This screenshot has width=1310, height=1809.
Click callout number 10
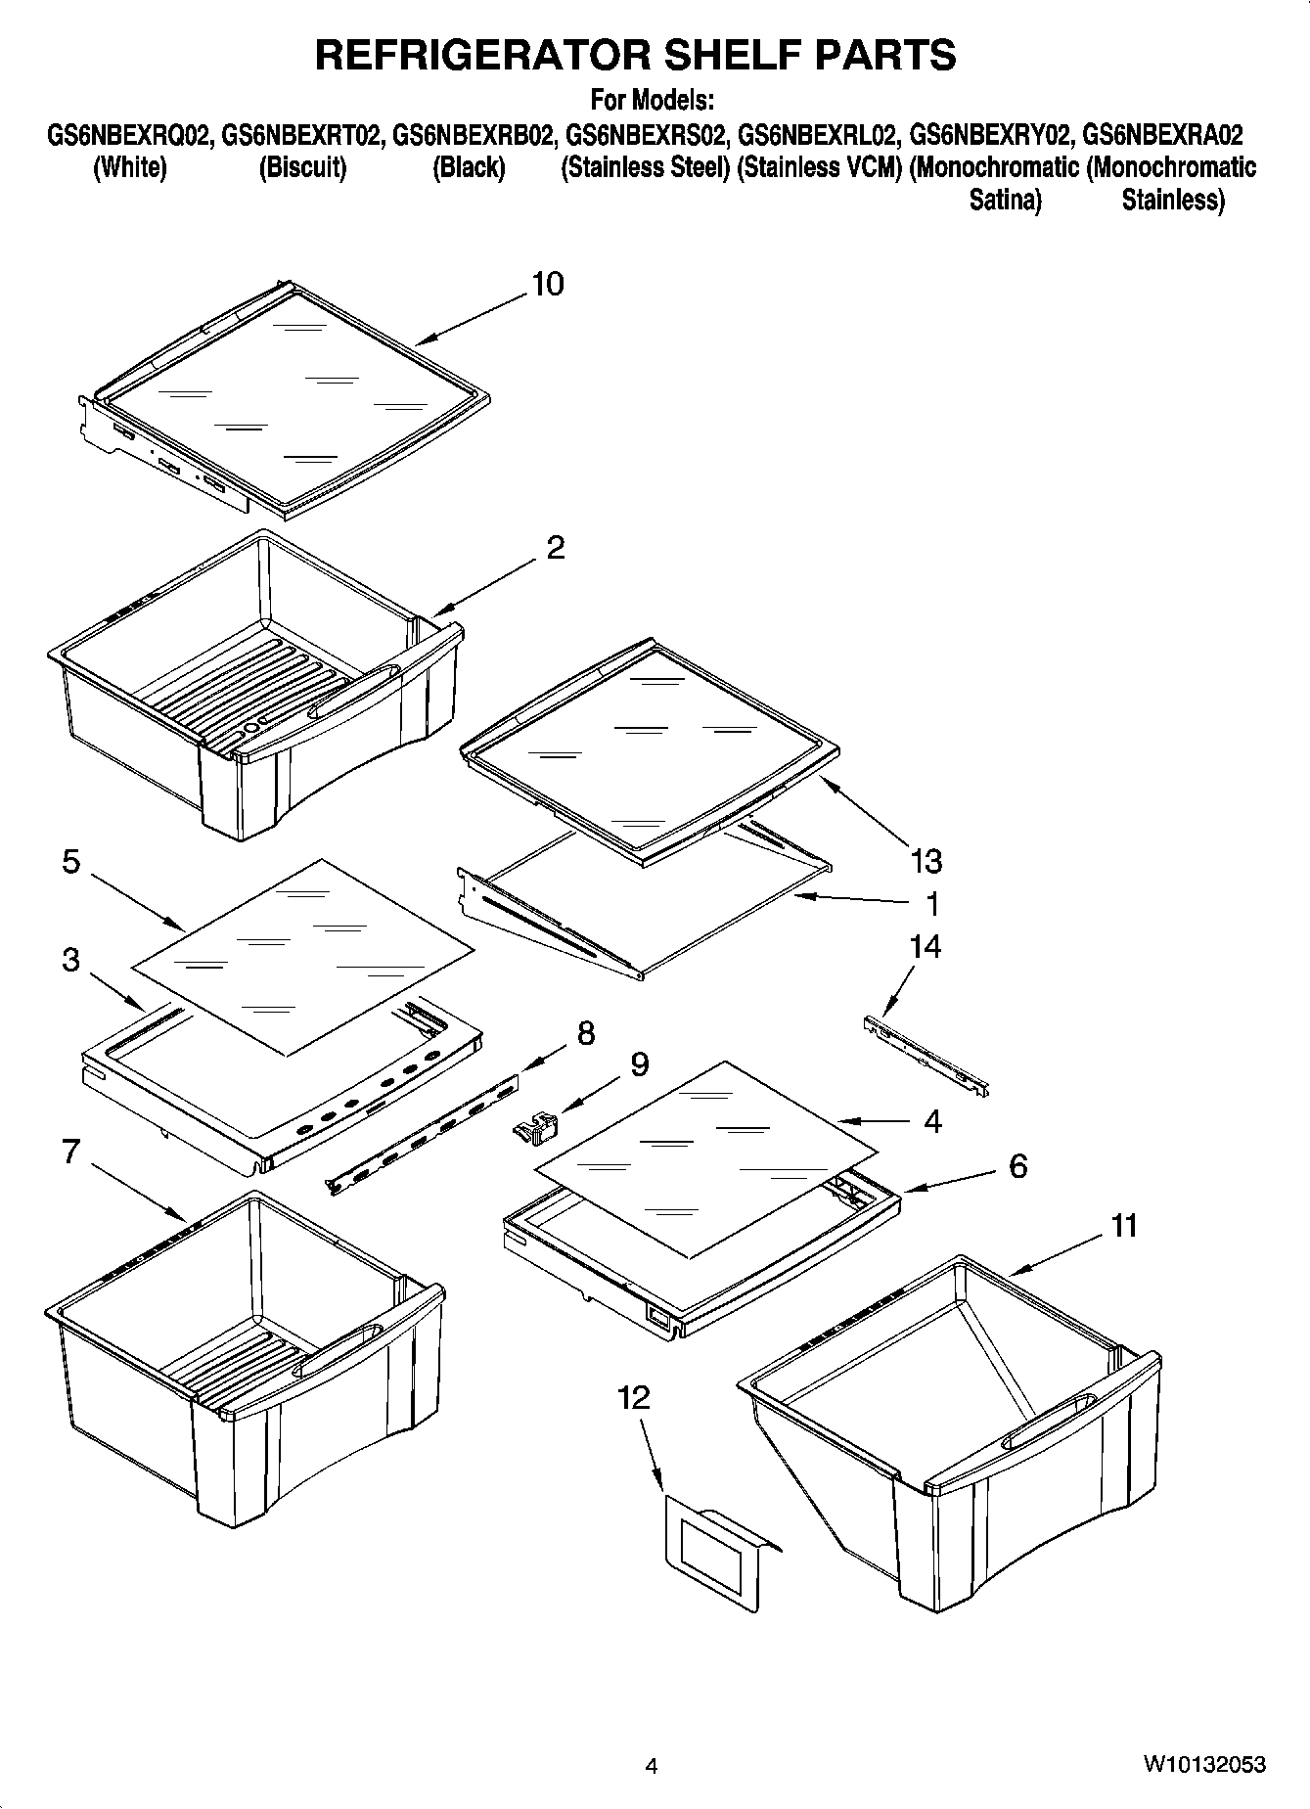click(547, 284)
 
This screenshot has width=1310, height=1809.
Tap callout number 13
click(926, 861)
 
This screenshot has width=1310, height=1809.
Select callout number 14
click(925, 946)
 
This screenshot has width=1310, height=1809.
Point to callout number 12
click(634, 1397)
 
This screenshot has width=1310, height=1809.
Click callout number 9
click(638, 1064)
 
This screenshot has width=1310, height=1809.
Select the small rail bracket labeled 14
click(926, 1055)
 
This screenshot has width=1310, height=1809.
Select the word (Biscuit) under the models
click(302, 167)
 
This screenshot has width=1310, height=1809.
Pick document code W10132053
click(1203, 1764)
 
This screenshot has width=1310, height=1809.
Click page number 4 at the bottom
click(652, 1765)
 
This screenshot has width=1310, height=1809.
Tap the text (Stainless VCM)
click(819, 167)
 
